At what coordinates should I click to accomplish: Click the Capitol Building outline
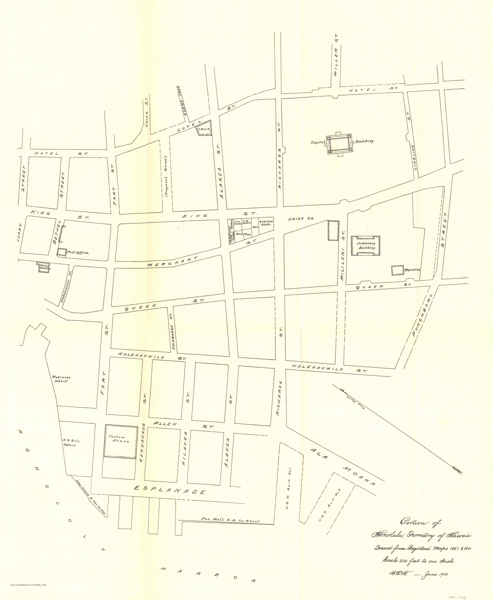pos(340,144)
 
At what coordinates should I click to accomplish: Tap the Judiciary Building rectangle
pos(366,246)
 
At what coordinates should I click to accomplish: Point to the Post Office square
pos(61,252)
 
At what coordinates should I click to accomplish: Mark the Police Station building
pos(43,267)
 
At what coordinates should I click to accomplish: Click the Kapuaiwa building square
pos(397,270)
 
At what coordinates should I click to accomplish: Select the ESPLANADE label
pos(169,490)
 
